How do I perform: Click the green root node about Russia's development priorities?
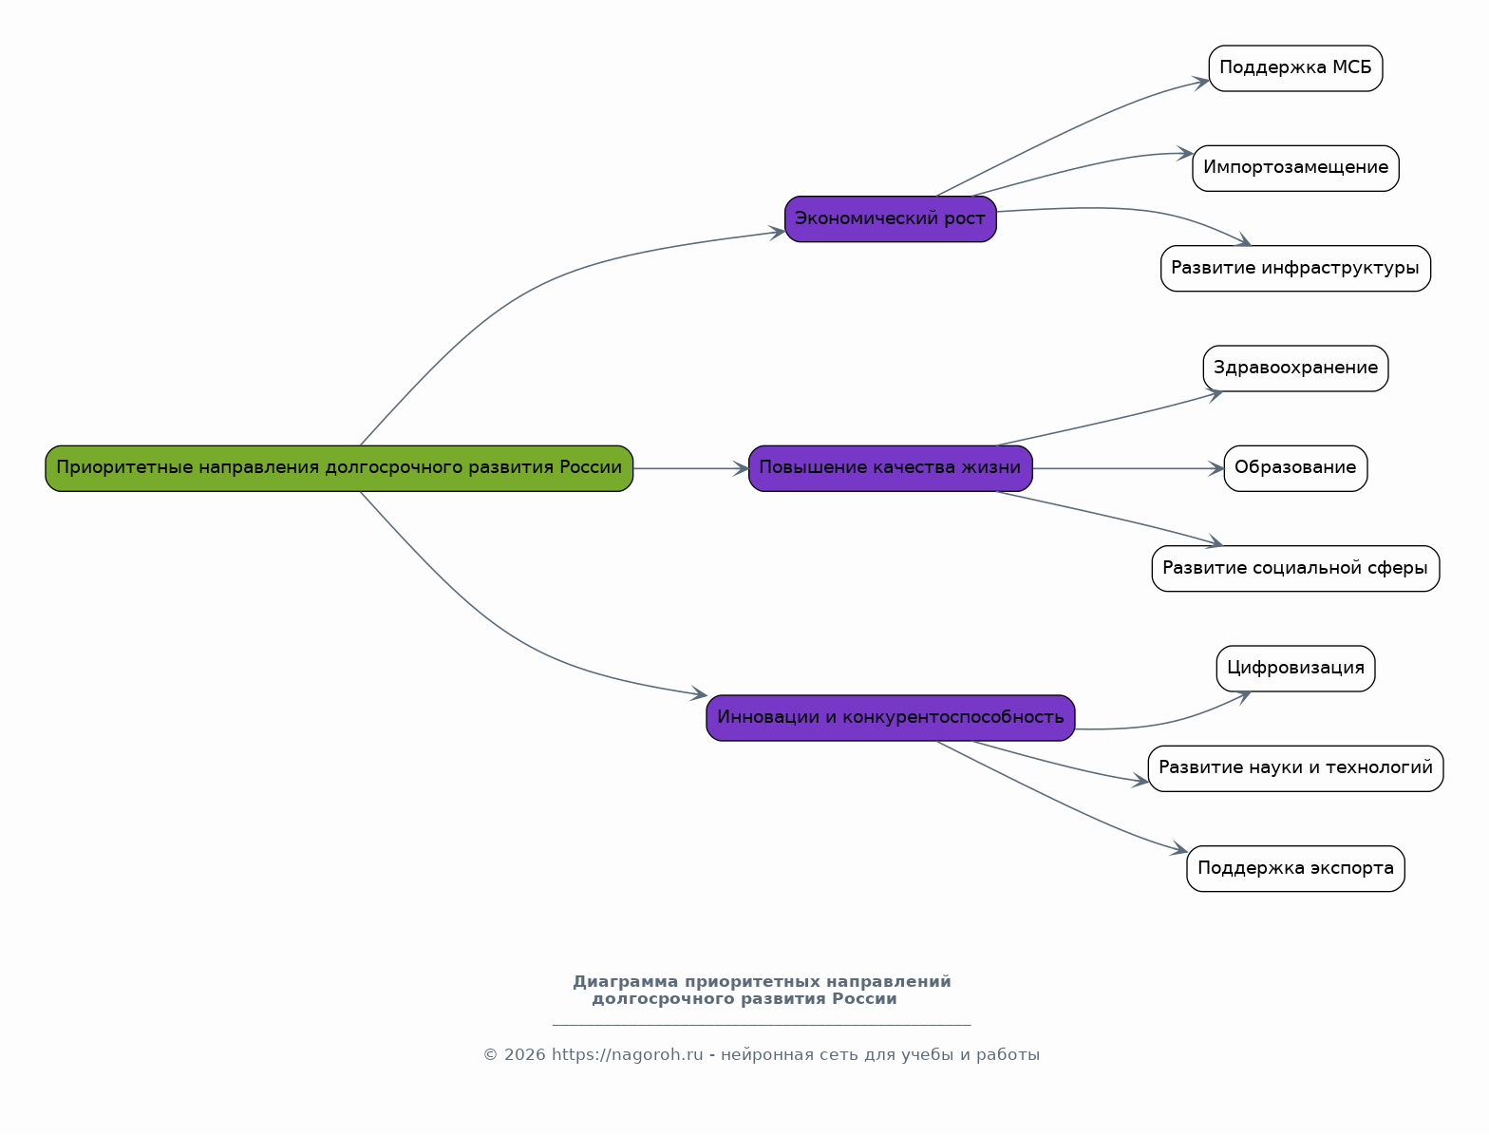pyautogui.click(x=339, y=468)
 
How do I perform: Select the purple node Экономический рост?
pyautogui.click(x=890, y=219)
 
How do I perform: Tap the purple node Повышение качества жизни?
pyautogui.click(x=890, y=468)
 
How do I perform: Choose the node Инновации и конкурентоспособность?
pyautogui.click(x=890, y=718)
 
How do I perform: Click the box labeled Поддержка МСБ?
pyautogui.click(x=1295, y=68)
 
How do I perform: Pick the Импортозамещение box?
pyautogui.click(x=1295, y=168)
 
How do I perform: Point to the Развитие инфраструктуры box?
pyautogui.click(x=1295, y=269)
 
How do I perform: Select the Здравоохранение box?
pyautogui.click(x=1295, y=369)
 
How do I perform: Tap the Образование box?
pyautogui.click(x=1295, y=468)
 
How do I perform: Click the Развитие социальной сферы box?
pyautogui.click(x=1295, y=569)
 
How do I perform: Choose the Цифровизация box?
pyautogui.click(x=1295, y=669)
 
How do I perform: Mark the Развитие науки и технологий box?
pyautogui.click(x=1295, y=768)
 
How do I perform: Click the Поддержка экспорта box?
pyautogui.click(x=1295, y=869)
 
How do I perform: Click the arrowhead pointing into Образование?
pyautogui.click(x=1216, y=468)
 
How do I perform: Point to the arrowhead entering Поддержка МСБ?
pyautogui.click(x=1201, y=82)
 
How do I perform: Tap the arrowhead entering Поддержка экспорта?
pyautogui.click(x=1179, y=849)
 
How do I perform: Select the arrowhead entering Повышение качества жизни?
pyautogui.click(x=741, y=468)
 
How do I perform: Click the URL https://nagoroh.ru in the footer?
pyautogui.click(x=627, y=1055)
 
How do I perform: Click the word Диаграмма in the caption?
pyautogui.click(x=625, y=982)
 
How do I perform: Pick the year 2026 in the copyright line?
pyautogui.click(x=524, y=1055)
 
